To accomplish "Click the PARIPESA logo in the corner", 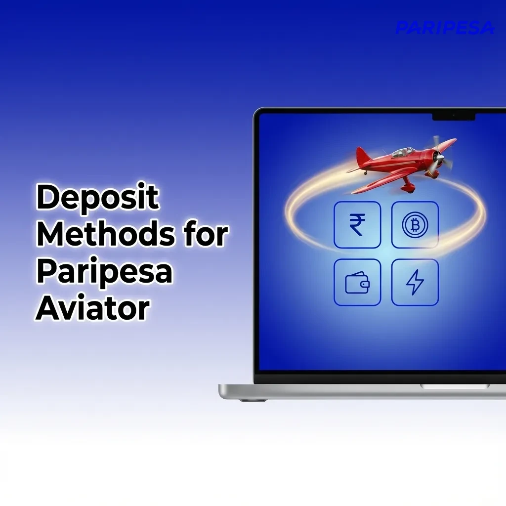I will [x=445, y=28].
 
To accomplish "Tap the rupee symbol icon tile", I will [x=357, y=225].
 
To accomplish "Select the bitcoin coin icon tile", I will [x=415, y=225].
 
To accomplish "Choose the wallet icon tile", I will [x=357, y=282].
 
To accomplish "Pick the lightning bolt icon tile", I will [x=415, y=282].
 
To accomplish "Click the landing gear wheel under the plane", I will [x=408, y=188].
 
